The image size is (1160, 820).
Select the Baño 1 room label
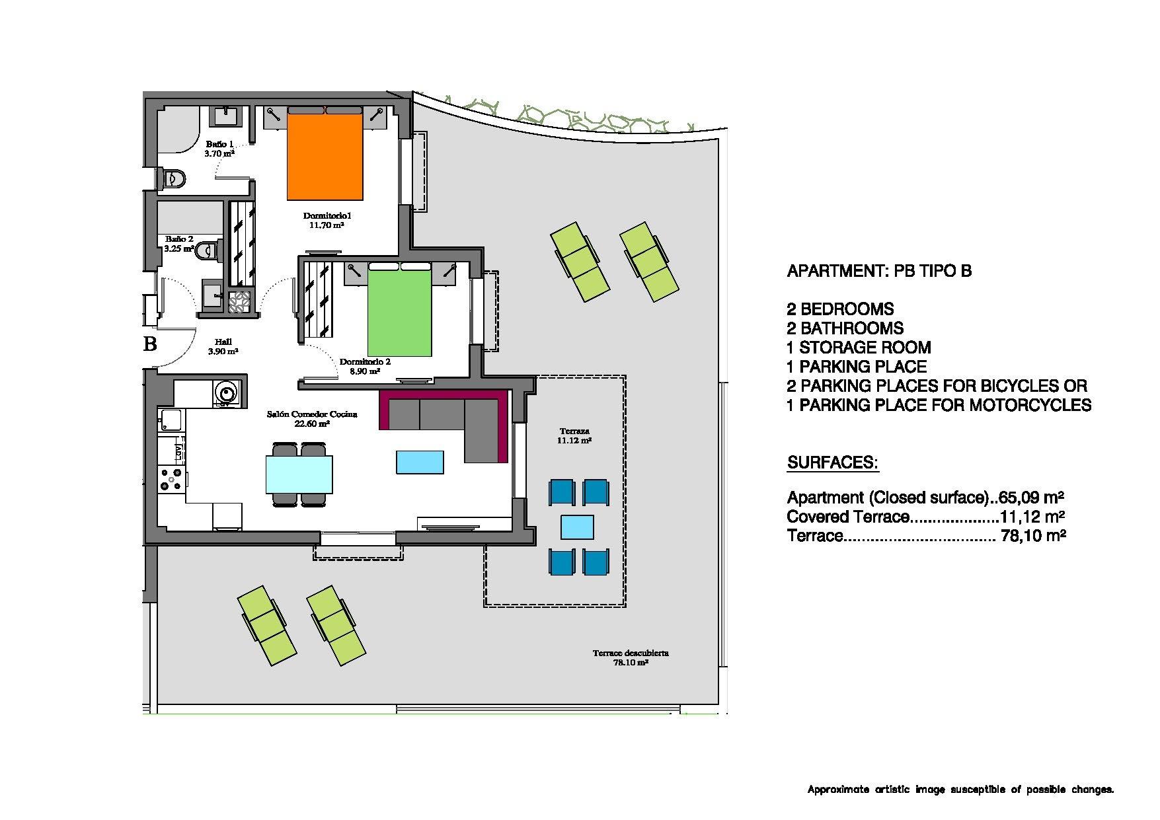219,144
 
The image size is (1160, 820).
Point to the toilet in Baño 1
175,178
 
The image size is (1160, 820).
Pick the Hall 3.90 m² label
223,346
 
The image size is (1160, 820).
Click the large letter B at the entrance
150,344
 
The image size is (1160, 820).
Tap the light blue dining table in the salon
299,474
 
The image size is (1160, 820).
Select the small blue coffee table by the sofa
420,462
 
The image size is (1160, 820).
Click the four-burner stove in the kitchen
171,480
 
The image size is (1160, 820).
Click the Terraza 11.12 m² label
573,435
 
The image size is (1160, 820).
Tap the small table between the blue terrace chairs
577,527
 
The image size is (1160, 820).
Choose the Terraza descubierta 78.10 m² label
630,657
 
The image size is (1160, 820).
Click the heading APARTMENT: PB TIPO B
878,271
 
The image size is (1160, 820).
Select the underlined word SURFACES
832,463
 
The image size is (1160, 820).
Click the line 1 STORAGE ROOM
859,348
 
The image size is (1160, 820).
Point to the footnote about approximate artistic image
960,789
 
